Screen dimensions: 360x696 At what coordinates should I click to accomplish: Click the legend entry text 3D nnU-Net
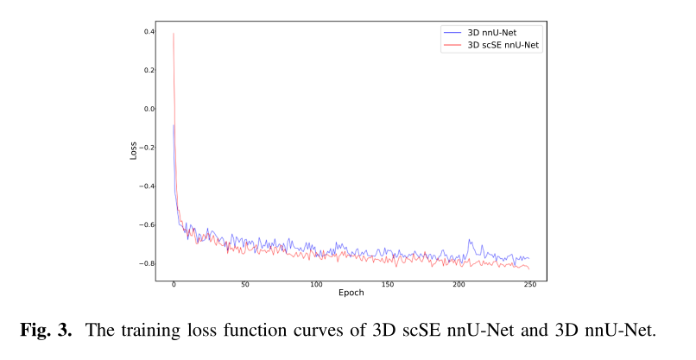click(491, 32)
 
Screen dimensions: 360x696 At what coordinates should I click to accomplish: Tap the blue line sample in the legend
click(452, 32)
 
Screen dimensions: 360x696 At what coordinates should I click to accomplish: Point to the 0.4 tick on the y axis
click(149, 32)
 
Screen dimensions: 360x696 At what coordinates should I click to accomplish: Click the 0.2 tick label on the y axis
click(149, 71)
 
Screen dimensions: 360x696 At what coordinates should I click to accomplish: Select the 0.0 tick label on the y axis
click(149, 109)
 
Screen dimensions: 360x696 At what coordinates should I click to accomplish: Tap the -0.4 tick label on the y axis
click(148, 186)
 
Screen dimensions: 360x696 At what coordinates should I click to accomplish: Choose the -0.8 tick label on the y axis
click(148, 263)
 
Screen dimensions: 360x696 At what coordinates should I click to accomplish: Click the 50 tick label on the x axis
click(245, 284)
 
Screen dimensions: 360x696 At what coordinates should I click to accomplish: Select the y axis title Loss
click(133, 149)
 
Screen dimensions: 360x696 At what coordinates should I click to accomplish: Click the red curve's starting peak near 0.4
click(174, 35)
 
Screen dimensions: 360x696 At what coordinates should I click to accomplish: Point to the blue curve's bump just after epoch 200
click(470, 241)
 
